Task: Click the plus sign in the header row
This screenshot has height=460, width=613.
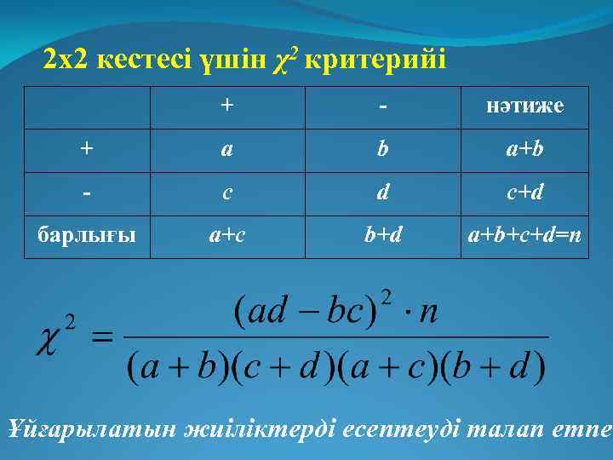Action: (226, 106)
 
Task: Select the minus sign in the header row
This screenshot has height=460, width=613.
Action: (383, 107)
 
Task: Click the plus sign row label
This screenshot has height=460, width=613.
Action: (87, 149)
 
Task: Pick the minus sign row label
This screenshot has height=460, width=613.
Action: (87, 193)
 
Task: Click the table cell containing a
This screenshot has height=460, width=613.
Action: (226, 149)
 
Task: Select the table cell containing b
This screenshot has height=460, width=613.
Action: (383, 149)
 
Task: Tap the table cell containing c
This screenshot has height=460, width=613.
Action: (226, 193)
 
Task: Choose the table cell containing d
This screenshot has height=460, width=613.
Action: (383, 193)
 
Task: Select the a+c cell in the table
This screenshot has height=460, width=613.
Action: (226, 235)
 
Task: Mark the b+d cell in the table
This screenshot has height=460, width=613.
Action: (383, 235)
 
